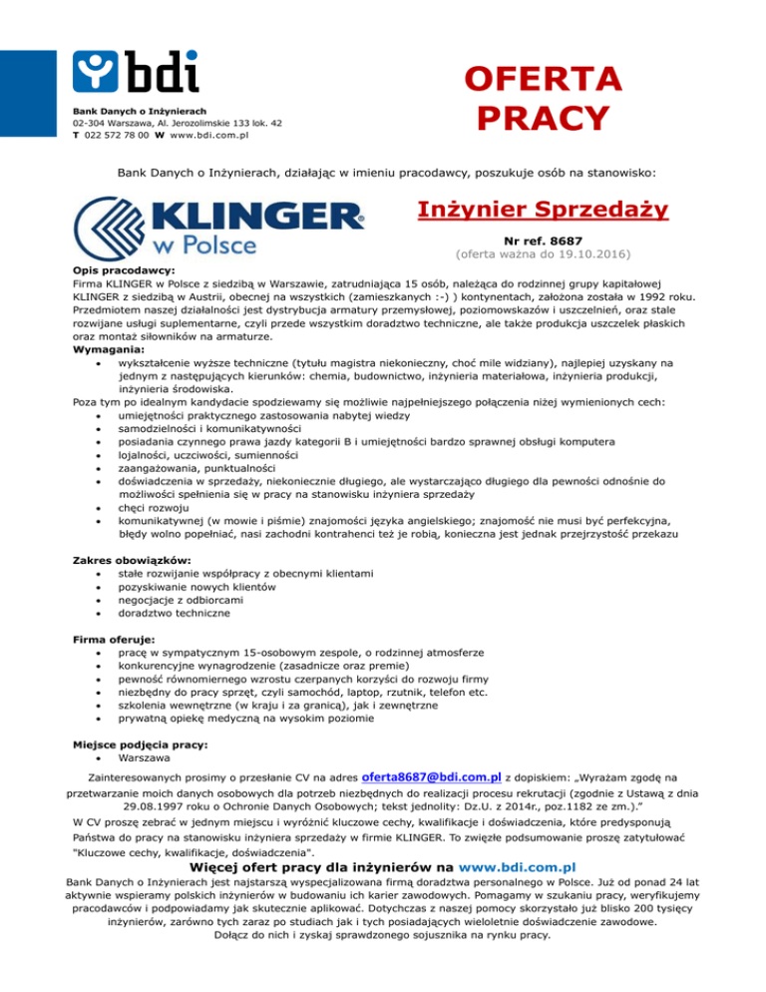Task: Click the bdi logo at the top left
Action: coord(135,68)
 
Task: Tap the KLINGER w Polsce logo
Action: coord(221,226)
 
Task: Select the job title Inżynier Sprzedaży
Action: coord(543,210)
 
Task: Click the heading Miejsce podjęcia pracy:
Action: coord(141,744)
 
